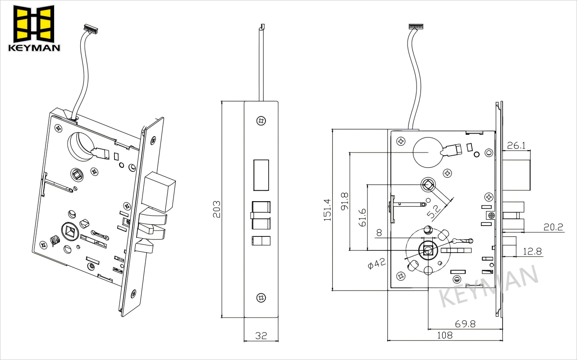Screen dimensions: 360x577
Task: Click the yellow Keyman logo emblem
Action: click(34, 23)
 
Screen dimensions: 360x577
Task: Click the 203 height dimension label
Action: click(217, 209)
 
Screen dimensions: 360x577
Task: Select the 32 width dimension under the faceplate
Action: click(261, 335)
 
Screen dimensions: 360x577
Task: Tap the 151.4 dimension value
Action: click(327, 210)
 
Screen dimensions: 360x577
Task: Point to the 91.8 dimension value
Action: click(345, 201)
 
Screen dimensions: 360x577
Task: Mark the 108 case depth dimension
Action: click(444, 335)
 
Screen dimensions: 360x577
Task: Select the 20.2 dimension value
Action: click(553, 227)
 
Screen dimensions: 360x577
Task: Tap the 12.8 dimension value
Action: click(532, 251)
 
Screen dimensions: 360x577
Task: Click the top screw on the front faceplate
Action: click(261, 120)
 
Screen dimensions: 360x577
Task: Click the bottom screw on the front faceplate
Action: click(261, 297)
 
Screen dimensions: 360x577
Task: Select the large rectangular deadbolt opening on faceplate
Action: click(261, 175)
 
